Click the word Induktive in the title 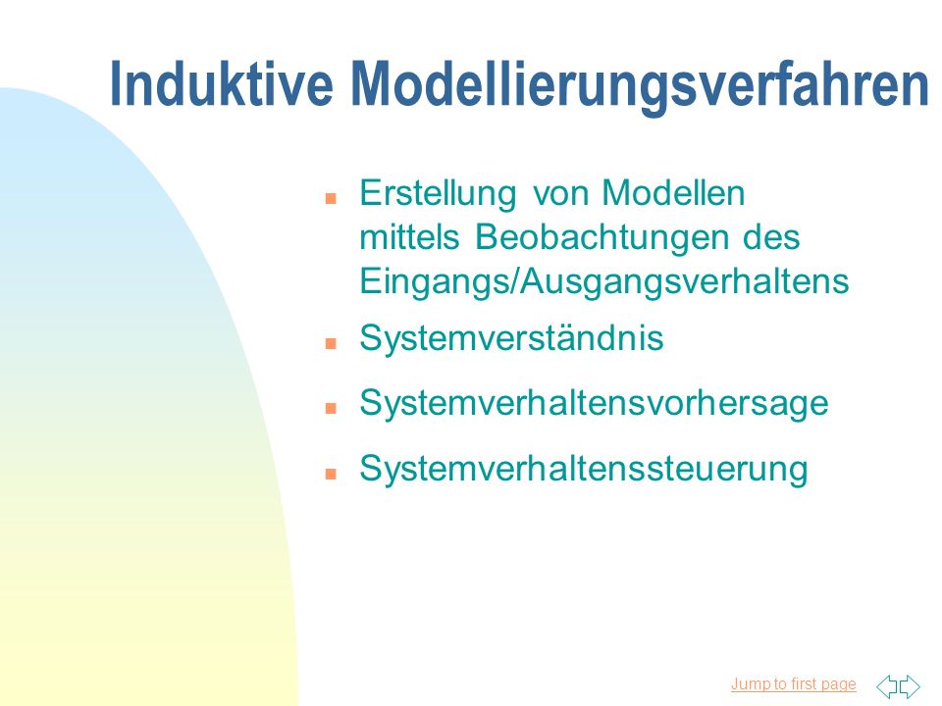click(222, 84)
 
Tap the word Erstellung click(438, 193)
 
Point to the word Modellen click(673, 193)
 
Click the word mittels click(409, 236)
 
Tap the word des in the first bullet click(772, 236)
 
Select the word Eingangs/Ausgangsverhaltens click(604, 281)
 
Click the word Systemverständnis click(512, 338)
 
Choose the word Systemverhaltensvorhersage click(595, 403)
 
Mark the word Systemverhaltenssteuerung click(584, 469)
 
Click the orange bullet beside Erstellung click(331, 198)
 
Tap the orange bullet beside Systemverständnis click(331, 343)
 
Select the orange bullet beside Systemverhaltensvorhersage click(331, 408)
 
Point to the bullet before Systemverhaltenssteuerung click(331, 474)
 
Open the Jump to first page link click(793, 683)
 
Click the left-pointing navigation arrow click(886, 686)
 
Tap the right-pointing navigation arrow click(910, 686)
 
